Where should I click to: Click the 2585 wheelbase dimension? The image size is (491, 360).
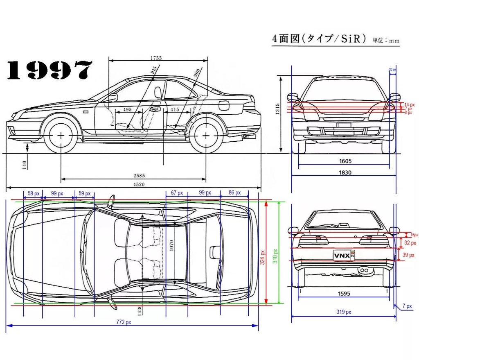coord(139,175)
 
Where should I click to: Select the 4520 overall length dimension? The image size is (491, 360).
coord(139,184)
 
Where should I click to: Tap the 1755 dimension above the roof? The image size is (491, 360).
coord(156,58)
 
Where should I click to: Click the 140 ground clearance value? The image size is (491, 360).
coord(25,165)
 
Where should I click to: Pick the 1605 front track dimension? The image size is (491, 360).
coord(345,161)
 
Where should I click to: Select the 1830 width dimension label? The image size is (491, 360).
coord(345,172)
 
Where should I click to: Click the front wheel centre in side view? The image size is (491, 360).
coord(61,135)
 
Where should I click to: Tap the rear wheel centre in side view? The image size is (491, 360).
coord(206,135)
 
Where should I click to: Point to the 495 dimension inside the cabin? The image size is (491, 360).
coord(127,110)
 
